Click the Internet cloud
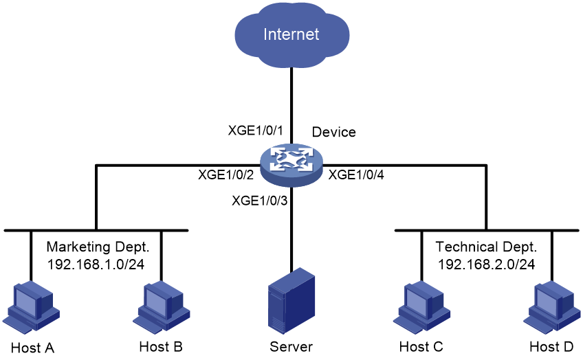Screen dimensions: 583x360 292,34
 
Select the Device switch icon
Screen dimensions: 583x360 291,166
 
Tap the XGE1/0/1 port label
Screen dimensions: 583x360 256,131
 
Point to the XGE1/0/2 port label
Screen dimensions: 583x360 225,175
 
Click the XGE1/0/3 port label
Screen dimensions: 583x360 259,201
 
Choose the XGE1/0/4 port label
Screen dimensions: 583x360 356,175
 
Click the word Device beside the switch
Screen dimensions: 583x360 334,133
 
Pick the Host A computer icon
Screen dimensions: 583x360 31,307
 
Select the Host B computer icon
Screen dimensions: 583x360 162,307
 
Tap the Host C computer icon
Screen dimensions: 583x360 421,307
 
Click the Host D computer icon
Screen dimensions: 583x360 552,307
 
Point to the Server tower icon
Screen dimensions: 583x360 291,302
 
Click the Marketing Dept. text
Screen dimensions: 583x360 98,247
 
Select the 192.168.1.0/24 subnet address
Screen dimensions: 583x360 96,265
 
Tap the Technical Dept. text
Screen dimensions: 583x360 486,247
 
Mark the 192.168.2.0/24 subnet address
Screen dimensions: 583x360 486,265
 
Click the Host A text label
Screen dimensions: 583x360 33,348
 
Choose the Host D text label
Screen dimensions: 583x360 552,347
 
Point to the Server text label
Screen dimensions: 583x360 291,347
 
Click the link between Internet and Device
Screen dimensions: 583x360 291,106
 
